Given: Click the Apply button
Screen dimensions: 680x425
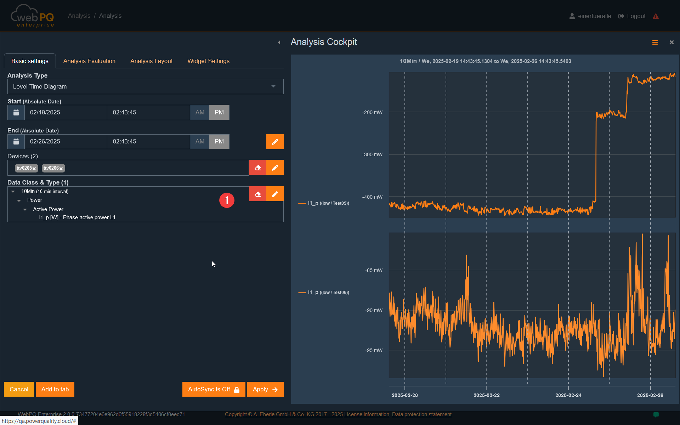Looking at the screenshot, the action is tap(265, 389).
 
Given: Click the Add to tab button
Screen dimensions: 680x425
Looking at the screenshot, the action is tap(55, 389).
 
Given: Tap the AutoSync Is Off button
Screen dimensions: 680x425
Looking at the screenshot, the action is tap(214, 389).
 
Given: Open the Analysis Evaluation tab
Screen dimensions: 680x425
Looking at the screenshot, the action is tap(89, 61).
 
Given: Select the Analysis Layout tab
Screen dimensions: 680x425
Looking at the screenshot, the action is tap(151, 61).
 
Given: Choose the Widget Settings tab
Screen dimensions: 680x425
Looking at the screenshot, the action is tap(208, 61).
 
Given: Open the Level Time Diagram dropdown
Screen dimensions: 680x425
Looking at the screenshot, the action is tap(146, 86).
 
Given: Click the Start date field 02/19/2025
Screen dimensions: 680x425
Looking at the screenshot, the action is tap(66, 112).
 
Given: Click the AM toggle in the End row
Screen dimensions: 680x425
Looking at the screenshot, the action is tap(200, 141).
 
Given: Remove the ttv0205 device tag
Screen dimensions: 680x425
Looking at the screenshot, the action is tap(34, 169).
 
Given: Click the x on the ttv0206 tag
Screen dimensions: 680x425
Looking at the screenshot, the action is tap(61, 169).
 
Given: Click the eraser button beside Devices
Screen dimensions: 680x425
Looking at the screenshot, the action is tap(257, 168).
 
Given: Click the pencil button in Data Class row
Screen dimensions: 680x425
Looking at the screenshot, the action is tap(275, 194).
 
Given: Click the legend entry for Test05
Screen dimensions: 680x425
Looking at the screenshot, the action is tap(324, 203).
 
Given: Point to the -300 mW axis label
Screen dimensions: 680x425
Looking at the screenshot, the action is tap(372, 154).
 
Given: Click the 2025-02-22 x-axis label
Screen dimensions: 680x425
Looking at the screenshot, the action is tap(487, 395).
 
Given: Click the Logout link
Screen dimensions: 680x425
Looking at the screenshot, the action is tap(632, 16).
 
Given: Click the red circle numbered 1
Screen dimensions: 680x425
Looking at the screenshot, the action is tap(227, 200).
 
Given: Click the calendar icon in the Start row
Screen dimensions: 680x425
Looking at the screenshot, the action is tap(16, 112).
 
